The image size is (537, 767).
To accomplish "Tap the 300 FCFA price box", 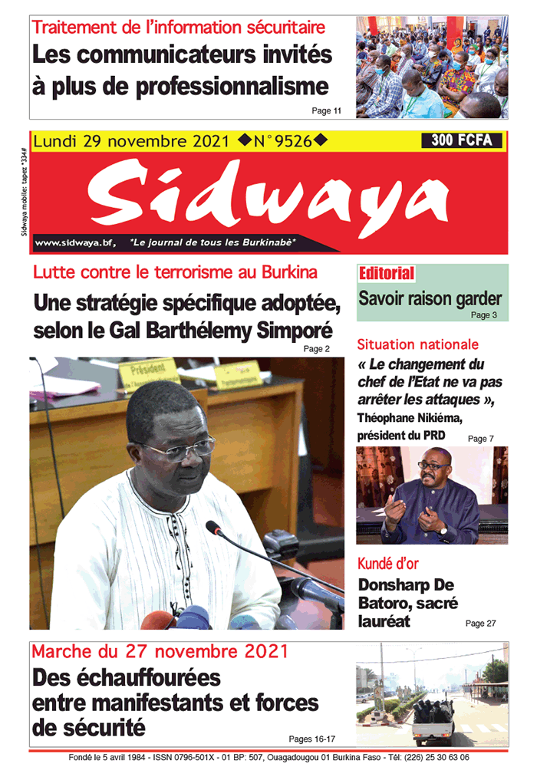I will pyautogui.click(x=461, y=140).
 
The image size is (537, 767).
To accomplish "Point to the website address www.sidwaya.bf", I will pyautogui.click(x=74, y=242).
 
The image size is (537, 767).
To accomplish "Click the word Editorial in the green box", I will pyautogui.click(x=387, y=274).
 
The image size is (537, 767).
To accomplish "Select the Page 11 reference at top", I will pyautogui.click(x=327, y=111).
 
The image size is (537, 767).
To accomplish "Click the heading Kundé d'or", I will pyautogui.click(x=388, y=564).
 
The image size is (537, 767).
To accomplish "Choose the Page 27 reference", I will pyautogui.click(x=480, y=624).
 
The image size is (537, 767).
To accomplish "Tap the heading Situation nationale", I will pyautogui.click(x=417, y=345).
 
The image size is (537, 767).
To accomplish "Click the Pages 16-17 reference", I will pyautogui.click(x=312, y=739).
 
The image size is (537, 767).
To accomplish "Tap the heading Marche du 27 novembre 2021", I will pyautogui.click(x=160, y=652).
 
